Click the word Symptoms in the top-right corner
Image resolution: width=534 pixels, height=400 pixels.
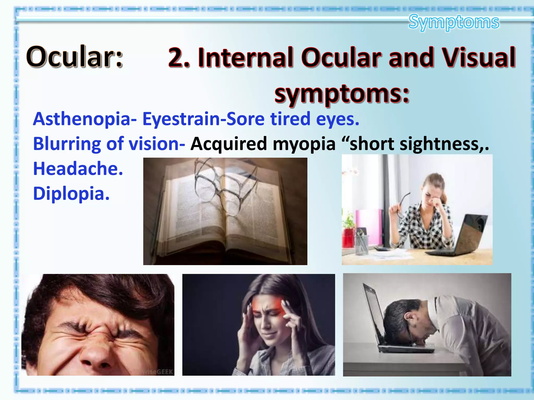[x=454, y=22]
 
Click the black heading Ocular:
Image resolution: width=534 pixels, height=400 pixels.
[x=74, y=57]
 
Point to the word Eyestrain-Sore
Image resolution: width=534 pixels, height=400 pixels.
[x=203, y=119]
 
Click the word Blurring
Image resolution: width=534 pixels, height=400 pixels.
[x=66, y=144]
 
